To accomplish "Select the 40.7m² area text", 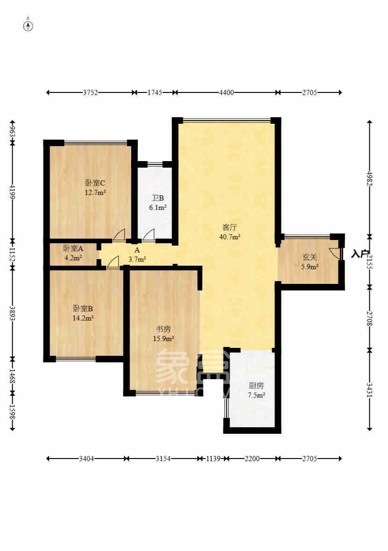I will (x=230, y=237).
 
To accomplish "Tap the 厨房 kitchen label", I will (x=256, y=386).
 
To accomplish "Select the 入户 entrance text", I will (x=359, y=254).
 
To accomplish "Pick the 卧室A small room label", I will (x=73, y=248).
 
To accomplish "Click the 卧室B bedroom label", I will (x=83, y=309).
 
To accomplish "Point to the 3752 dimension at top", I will (x=90, y=92).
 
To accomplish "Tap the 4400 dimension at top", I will (x=226, y=92).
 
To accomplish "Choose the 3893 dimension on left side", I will (x=12, y=312).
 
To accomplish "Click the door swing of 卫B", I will (x=148, y=235).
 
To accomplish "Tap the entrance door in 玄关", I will (x=336, y=253).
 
